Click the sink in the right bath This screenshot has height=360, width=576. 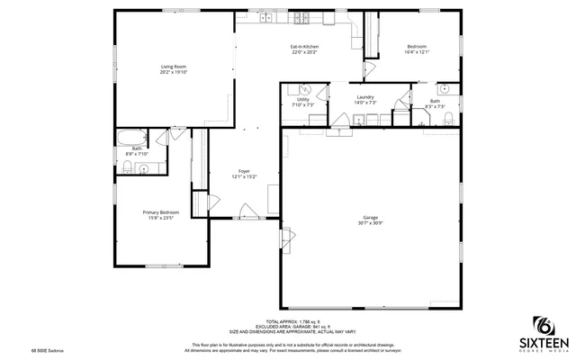coord(445,89)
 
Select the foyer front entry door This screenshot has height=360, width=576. coord(247,212)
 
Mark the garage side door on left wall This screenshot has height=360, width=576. coord(287,238)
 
